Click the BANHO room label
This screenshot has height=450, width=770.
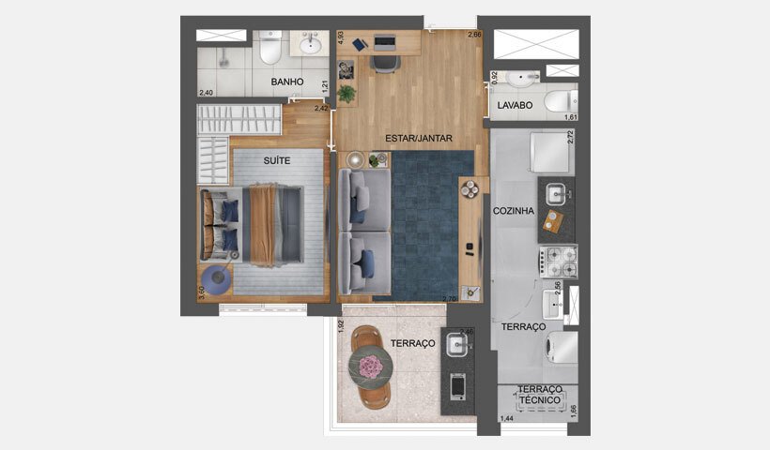click(286, 82)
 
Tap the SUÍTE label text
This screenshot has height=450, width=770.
click(276, 160)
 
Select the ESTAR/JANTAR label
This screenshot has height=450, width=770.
click(419, 138)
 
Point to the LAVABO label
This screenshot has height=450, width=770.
click(516, 106)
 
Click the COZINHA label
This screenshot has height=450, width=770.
click(513, 211)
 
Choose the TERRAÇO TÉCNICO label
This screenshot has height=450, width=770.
click(540, 395)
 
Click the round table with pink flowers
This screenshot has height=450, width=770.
click(369, 364)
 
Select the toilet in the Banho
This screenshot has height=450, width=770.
click(270, 47)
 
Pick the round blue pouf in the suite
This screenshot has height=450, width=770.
click(217, 279)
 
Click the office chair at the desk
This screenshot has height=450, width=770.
click(385, 62)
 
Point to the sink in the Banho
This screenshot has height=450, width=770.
click(309, 44)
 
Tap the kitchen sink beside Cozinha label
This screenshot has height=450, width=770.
click(556, 194)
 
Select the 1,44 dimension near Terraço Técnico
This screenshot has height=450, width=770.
click(507, 417)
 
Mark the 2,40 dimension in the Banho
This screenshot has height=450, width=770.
click(207, 92)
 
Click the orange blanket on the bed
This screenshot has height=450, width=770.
click(263, 225)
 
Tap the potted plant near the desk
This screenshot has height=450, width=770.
click(347, 93)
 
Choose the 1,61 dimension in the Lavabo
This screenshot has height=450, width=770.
click(570, 117)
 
